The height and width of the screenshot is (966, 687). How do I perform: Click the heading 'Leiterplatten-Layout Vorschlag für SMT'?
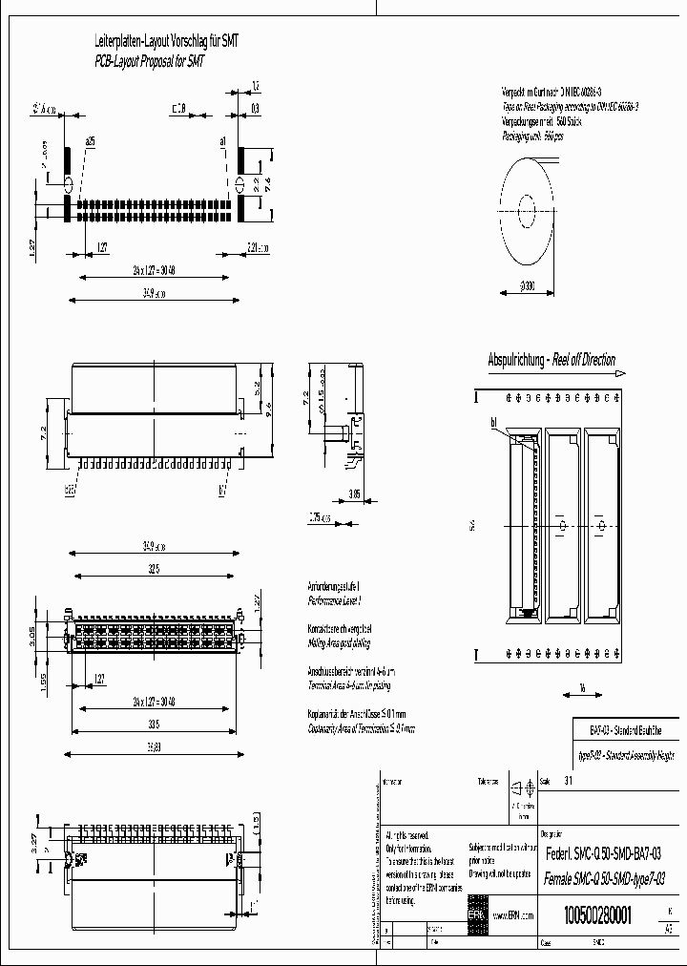(166, 42)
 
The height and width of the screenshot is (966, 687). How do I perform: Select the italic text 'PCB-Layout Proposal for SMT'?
(149, 60)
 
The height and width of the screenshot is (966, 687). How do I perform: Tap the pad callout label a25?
(91, 140)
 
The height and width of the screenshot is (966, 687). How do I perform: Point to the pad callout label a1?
(222, 140)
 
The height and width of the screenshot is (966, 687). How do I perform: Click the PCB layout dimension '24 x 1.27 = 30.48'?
(156, 270)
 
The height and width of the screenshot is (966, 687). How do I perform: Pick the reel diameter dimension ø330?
(523, 285)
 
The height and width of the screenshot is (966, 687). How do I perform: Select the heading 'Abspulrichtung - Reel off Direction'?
(551, 361)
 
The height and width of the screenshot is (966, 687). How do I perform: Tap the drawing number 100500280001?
(598, 913)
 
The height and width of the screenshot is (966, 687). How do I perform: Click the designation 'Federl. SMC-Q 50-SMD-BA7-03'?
(603, 852)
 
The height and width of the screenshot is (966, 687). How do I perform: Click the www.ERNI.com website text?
(512, 914)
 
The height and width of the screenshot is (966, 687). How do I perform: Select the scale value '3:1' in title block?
(569, 780)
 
